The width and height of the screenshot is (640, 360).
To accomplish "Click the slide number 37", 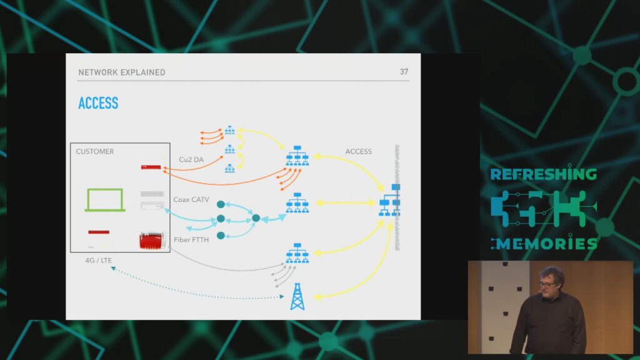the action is coord(404,72).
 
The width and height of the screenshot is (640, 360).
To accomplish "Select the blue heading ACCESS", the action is coord(98,103).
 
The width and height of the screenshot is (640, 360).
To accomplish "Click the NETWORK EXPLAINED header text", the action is coord(122,72).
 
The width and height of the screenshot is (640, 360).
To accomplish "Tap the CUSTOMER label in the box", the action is coord(95,151).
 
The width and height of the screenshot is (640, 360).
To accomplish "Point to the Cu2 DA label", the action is coord(191,159).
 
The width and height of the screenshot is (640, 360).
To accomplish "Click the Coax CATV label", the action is coord(191,199).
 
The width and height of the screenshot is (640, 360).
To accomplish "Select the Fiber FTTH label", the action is coord(191,239).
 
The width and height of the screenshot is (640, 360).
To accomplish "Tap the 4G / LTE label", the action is coord(98,261).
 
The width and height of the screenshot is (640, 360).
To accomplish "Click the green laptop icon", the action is coord(105,200).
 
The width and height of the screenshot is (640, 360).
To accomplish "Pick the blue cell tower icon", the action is coord(297,296).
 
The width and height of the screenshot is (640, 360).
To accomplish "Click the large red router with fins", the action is coord(151,241).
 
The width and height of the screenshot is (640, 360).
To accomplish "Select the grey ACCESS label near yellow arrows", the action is coord(358,151).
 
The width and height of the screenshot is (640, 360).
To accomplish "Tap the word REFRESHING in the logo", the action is coord(543,174).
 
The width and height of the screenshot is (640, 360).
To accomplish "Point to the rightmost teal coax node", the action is coord(256,218).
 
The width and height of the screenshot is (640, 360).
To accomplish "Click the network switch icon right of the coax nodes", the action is coord(297,203).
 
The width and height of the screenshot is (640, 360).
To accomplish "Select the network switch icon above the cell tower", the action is coord(297,253).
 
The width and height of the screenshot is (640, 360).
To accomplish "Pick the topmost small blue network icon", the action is coord(230,130).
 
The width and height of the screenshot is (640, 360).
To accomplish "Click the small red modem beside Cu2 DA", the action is coord(151,167).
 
